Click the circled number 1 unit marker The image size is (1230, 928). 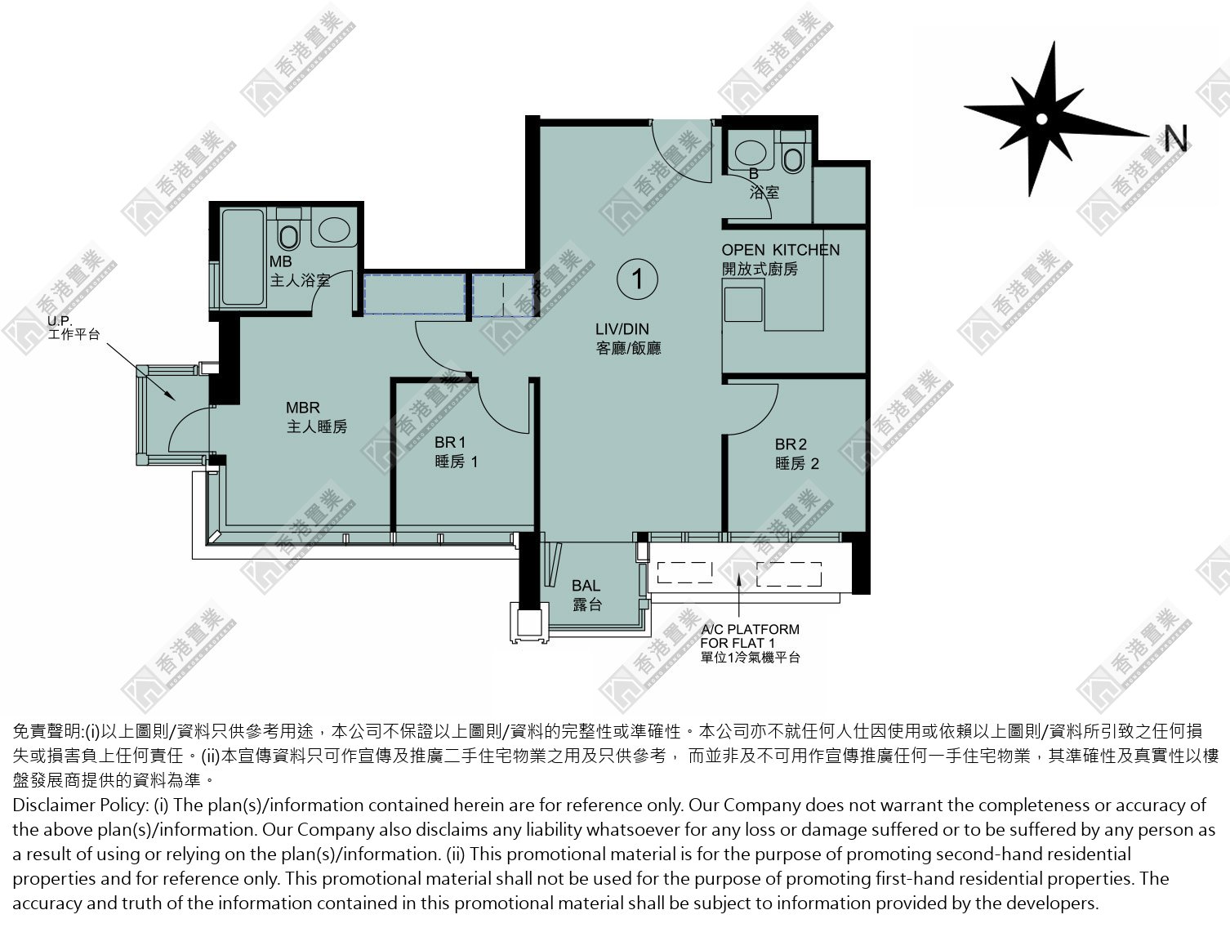(x=637, y=279)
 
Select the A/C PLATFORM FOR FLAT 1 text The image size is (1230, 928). (x=750, y=643)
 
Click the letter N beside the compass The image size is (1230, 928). (x=1175, y=138)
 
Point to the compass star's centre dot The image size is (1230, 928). (x=1041, y=118)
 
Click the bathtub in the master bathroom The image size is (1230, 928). (x=243, y=257)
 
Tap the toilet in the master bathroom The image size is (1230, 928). (x=288, y=230)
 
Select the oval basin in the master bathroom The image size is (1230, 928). (x=335, y=230)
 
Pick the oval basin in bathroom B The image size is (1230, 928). (x=750, y=153)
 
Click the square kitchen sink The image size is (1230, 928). (x=743, y=304)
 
